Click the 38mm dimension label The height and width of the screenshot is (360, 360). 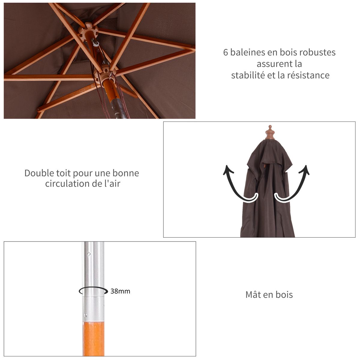coord(120,291)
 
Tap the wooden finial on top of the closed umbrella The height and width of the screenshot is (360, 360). coord(270,132)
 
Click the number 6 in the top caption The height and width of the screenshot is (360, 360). coord(226,52)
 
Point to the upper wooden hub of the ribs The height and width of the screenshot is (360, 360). coord(88,30)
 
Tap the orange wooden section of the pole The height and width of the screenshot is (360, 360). coord(93,339)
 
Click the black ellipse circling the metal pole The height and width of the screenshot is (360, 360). coord(93,291)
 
